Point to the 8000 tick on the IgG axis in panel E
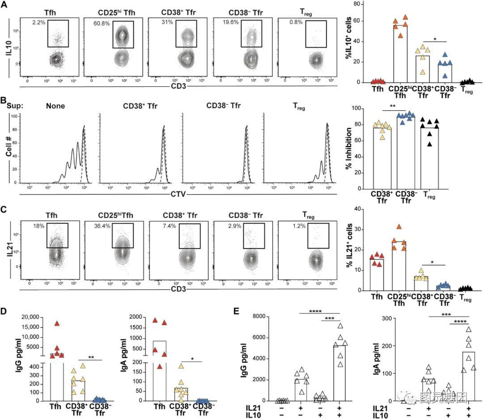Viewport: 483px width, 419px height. tap(254, 317)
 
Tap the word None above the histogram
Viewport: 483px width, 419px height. tap(55, 106)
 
